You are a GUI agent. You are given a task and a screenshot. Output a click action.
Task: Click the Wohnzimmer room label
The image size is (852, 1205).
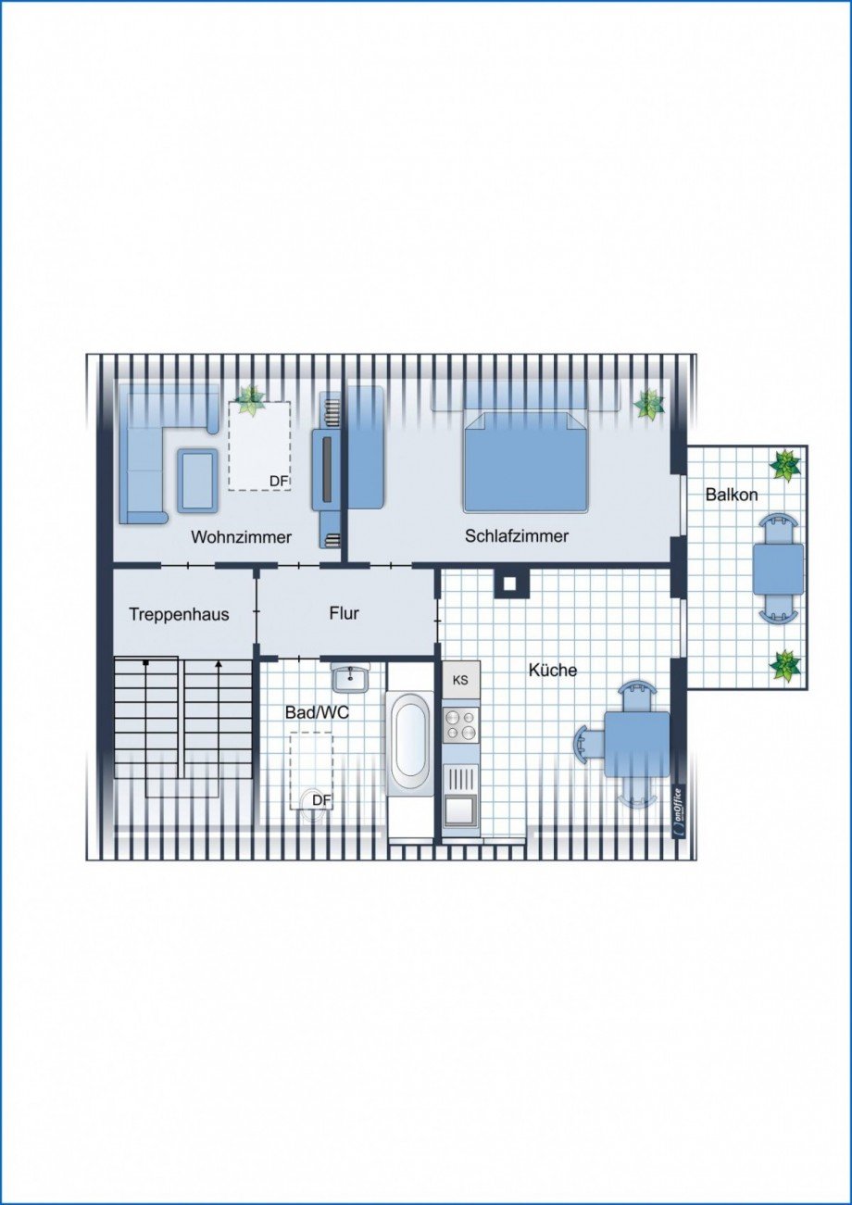[242, 536]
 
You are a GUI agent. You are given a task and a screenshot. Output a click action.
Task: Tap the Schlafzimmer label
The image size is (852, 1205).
[517, 535]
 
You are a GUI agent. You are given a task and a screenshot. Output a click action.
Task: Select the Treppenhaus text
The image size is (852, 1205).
[179, 614]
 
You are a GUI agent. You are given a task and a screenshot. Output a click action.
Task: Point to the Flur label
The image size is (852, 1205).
[345, 613]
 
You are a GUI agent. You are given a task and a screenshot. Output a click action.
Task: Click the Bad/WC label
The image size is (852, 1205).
[317, 712]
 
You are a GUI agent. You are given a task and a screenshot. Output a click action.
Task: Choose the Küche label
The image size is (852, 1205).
[552, 670]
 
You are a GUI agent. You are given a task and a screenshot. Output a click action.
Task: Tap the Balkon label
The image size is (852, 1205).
[732, 495]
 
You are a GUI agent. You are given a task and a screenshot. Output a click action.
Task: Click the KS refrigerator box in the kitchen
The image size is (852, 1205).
[461, 681]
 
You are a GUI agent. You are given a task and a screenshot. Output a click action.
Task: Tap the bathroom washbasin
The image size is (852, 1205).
[351, 678]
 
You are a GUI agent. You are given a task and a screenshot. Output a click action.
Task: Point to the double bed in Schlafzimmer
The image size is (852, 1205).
[524, 460]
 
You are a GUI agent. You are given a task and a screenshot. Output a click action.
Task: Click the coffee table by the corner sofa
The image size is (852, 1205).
[197, 480]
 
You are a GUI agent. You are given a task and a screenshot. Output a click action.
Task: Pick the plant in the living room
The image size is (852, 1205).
[251, 401]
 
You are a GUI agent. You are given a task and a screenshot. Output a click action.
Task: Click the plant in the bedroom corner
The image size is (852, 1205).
[648, 405]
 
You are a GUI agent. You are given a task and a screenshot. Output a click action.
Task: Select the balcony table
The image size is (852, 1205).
[778, 569]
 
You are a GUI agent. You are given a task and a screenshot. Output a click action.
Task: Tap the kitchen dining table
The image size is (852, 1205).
[637, 745]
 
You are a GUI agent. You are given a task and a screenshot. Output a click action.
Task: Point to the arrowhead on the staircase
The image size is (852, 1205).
[219, 665]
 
